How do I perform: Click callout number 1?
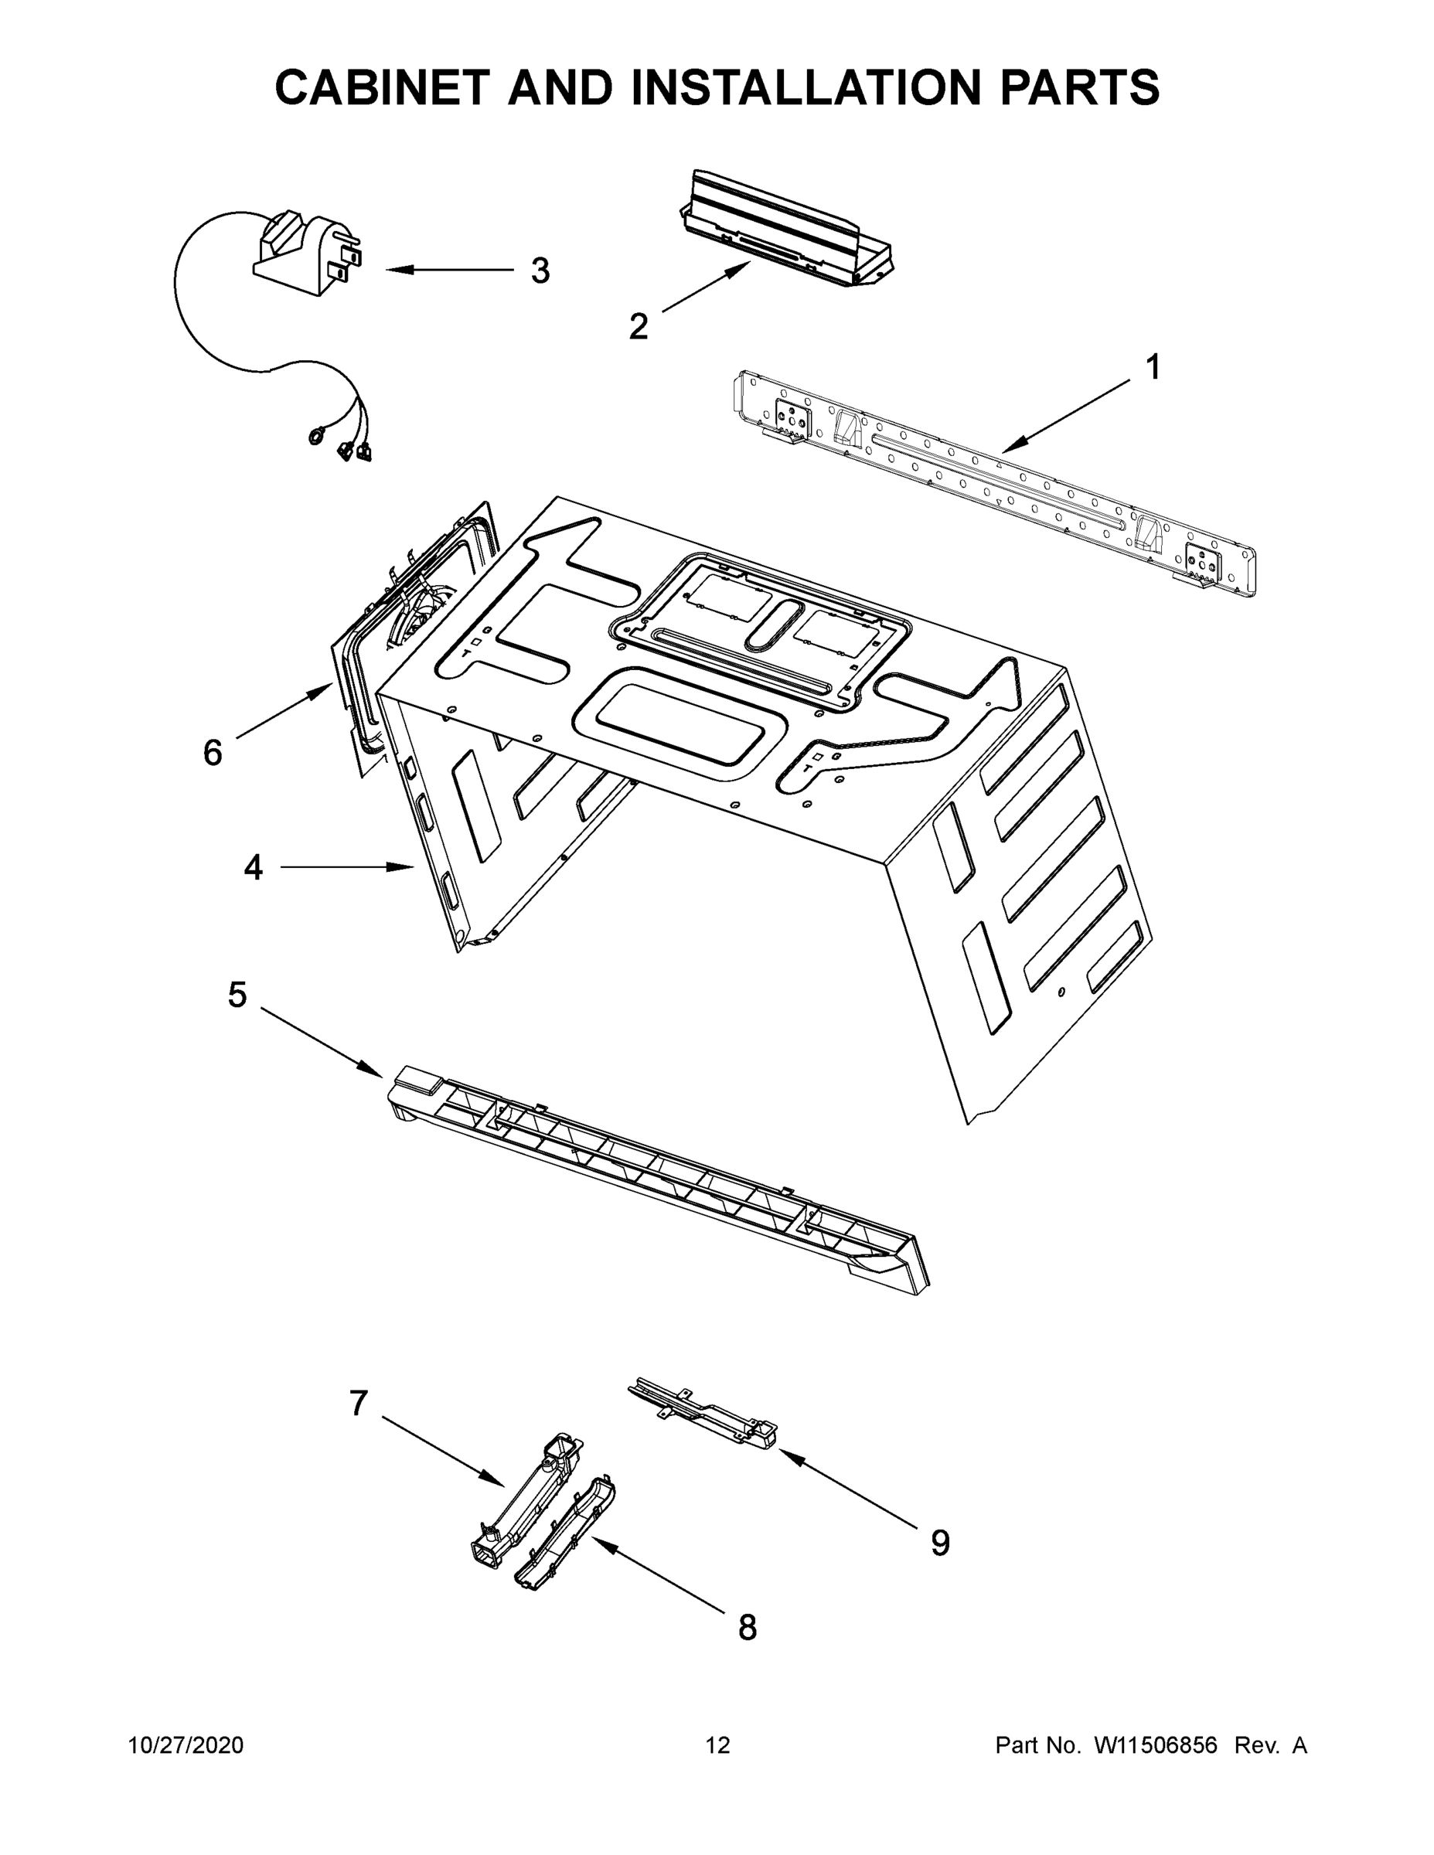point(1152,368)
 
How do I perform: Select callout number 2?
point(638,327)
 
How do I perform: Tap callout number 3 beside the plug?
point(540,271)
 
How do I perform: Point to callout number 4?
point(253,867)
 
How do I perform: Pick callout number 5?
point(237,995)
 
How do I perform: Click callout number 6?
point(213,753)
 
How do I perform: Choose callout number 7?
point(359,1403)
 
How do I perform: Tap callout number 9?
point(939,1544)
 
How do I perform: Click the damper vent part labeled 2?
point(786,231)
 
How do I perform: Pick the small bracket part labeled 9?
point(705,1416)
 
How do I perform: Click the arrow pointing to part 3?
point(450,271)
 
